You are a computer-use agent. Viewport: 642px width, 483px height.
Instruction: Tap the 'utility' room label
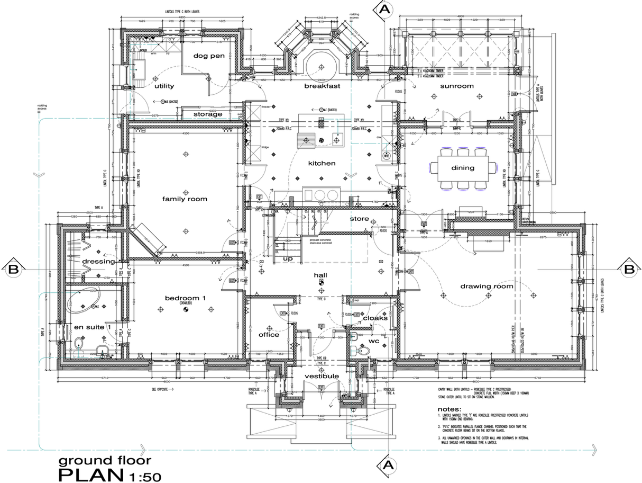[163, 86]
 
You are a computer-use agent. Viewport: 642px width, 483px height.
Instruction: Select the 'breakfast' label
[322, 86]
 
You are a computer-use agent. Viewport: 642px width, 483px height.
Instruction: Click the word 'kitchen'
[322, 163]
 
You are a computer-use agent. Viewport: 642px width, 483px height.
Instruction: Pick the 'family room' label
[185, 199]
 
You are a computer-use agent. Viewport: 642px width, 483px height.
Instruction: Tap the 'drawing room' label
[487, 286]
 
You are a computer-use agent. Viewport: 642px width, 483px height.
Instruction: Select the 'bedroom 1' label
[185, 298]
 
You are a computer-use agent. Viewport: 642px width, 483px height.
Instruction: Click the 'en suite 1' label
[92, 327]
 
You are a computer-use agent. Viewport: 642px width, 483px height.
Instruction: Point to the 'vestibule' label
[322, 376]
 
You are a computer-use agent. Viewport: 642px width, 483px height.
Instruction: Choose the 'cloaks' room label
[374, 318]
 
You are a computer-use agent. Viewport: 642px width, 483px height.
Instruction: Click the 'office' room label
[269, 335]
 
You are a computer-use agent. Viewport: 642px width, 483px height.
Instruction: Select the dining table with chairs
[463, 168]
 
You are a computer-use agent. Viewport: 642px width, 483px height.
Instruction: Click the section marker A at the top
[385, 9]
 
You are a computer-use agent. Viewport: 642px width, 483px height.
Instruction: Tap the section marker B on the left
[14, 270]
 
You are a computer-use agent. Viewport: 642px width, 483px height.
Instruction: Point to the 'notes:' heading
[450, 409]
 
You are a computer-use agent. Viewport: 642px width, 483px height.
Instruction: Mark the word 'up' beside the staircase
[288, 258]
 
